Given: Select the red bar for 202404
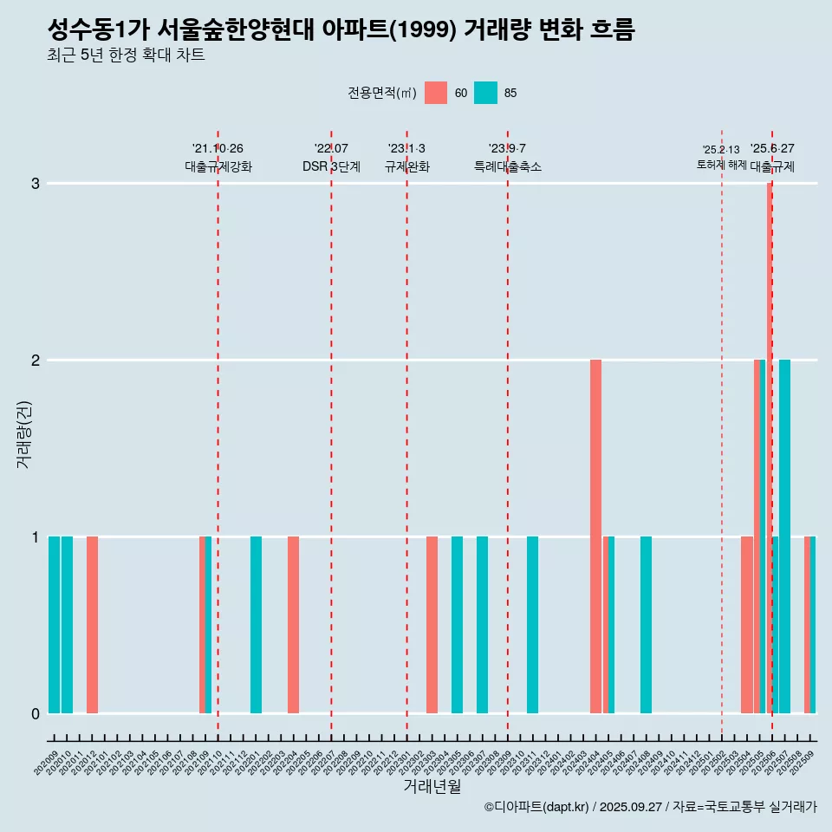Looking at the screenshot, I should coord(595,536).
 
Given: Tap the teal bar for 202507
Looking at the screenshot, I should coord(784,536).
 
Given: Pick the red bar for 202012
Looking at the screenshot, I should coord(92,625).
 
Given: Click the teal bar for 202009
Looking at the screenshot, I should coord(54,625).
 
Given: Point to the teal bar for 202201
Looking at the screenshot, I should coord(256,625).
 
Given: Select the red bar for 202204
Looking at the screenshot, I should coord(294,625).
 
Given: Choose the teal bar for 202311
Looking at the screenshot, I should coord(532,625).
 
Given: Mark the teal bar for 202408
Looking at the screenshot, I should coord(646,625).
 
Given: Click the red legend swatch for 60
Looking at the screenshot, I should coord(436,93).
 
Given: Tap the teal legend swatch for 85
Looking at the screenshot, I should coord(486,93).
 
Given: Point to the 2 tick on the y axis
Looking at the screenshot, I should coord(36,360).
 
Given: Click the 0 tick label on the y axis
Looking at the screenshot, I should coord(36,713).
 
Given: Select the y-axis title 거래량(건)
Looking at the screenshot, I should coord(23,433).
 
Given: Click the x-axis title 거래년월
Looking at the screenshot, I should coord(432,786).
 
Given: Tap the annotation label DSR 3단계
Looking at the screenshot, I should coord(331,166).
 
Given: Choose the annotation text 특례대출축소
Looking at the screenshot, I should coord(508,166).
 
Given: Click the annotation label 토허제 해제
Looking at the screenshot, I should coord(721,164).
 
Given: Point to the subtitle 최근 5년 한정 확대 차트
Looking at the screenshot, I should coord(127,56).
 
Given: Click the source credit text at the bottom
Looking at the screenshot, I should coord(650,807).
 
